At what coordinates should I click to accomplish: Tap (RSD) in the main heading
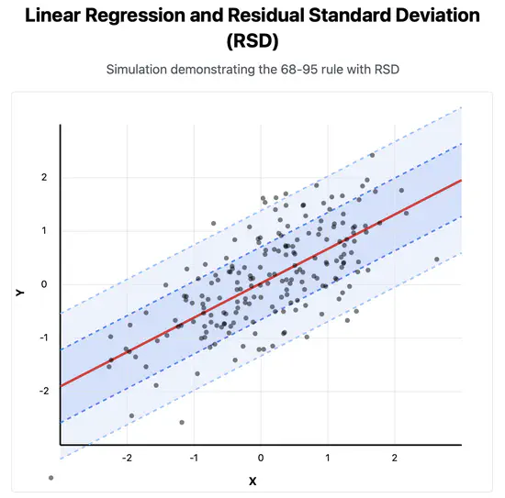251,41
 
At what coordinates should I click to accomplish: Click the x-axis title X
252,480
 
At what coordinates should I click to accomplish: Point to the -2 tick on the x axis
127,457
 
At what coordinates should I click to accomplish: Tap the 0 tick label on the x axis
261,457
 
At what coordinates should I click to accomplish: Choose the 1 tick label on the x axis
328,457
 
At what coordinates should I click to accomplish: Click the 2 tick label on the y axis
42,177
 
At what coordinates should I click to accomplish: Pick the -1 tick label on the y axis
40,338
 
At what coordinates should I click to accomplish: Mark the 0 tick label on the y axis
42,284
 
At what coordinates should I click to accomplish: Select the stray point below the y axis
51,477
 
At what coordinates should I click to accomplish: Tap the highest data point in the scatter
372,155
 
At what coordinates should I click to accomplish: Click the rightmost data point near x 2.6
437,260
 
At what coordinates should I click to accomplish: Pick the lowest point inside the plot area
182,422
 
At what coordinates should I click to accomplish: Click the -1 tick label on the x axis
194,457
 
